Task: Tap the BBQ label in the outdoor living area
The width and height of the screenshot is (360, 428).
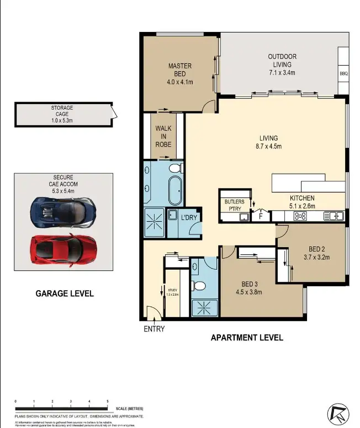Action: pos(343,73)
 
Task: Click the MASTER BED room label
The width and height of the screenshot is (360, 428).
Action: pos(180,70)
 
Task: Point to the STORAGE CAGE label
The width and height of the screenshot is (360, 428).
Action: pos(62,111)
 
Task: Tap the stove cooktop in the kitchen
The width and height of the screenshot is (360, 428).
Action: pos(302,216)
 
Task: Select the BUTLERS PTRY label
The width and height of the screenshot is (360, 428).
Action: pos(235,205)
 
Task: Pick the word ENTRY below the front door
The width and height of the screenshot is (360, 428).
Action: pos(154,329)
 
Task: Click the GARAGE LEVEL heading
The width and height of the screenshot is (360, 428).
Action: pos(65,293)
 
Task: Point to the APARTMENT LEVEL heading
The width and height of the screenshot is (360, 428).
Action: pos(247,338)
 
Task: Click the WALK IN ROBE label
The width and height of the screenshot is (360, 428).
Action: pos(163,136)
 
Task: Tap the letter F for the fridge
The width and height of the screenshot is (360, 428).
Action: pos(261,217)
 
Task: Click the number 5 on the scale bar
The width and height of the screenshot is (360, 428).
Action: pos(107,402)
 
